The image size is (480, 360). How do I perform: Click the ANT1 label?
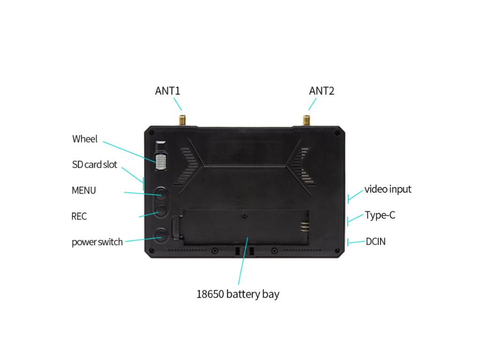pos(167,90)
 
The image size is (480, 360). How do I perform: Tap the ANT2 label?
pos(322,90)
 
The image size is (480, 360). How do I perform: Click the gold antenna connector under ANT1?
pos(182,119)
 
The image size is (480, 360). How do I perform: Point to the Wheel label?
pos(85,139)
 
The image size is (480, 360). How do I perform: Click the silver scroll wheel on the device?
pos(161,162)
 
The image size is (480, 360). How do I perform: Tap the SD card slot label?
pos(95,165)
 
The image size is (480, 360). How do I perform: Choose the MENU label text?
pos(84,190)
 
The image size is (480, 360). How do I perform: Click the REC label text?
pos(79,217)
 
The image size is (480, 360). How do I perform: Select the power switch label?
pos(97,242)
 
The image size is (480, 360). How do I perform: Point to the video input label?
pos(388,189)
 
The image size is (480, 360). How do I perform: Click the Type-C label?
pos(380,216)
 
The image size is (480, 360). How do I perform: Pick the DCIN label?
pos(375,242)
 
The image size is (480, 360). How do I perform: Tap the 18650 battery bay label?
pos(238,294)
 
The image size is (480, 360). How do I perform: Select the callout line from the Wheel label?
pos(129,151)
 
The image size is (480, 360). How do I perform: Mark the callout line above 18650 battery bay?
pos(242,265)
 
